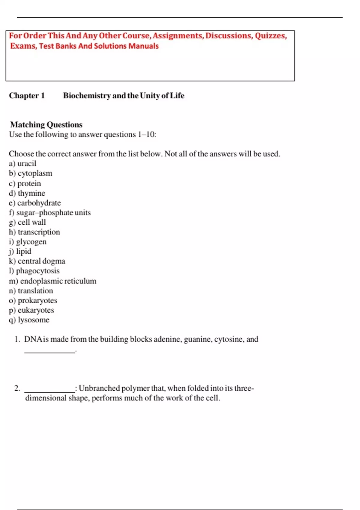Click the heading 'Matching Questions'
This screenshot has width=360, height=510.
pyautogui.click(x=46, y=124)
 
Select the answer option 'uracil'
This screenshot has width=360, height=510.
pyautogui.click(x=27, y=163)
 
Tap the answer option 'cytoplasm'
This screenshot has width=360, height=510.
pyautogui.click(x=35, y=173)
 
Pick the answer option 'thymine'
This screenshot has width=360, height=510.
pyautogui.click(x=31, y=193)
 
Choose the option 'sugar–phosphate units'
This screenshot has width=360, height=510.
pyautogui.click(x=53, y=213)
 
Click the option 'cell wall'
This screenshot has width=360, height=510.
pyautogui.click(x=32, y=222)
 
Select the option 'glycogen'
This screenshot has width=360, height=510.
pyautogui.click(x=31, y=242)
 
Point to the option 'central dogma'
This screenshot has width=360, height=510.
pyautogui.click(x=41, y=261)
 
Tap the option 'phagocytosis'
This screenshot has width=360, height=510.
pyautogui.click(x=38, y=271)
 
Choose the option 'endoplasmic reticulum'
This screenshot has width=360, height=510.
pyautogui.click(x=58, y=281)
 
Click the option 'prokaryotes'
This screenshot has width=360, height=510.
pyautogui.click(x=37, y=300)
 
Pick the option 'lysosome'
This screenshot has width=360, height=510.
pyautogui.click(x=34, y=320)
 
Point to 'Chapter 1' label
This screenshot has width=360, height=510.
pyautogui.click(x=27, y=96)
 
